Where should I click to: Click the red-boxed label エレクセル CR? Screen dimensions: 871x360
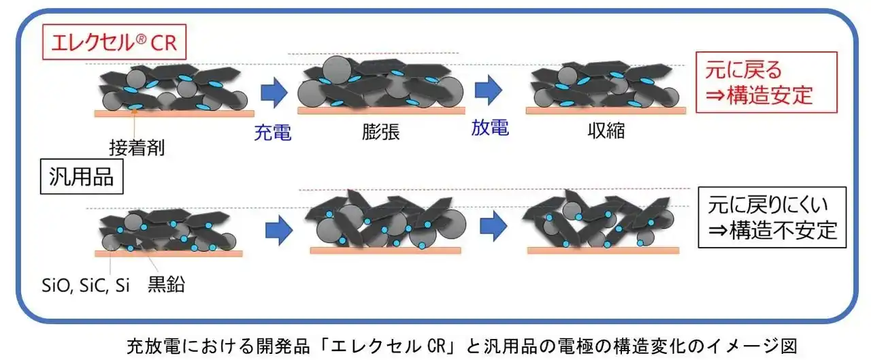(x=114, y=42)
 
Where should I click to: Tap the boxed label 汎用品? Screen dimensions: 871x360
(x=82, y=176)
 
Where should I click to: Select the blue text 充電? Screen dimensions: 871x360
(x=273, y=133)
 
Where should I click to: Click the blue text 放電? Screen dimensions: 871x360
(x=490, y=127)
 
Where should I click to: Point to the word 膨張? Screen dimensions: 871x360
(x=380, y=132)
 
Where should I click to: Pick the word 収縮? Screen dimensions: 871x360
(x=606, y=130)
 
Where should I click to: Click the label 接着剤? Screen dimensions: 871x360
(x=137, y=148)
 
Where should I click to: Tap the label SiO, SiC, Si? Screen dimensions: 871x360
(x=86, y=286)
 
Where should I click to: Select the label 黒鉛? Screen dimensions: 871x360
(x=166, y=284)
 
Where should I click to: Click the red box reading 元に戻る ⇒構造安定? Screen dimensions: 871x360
(x=766, y=82)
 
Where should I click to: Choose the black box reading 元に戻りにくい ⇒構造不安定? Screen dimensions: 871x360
(x=772, y=217)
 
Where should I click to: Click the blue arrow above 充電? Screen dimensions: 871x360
(x=274, y=92)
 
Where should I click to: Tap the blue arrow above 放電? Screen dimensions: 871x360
(x=489, y=90)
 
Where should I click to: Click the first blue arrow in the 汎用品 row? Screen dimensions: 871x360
(x=279, y=230)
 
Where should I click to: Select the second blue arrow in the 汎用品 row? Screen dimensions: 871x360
(x=493, y=226)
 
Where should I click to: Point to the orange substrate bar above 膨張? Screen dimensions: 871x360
(x=381, y=111)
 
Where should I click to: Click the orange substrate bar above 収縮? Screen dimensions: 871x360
(x=606, y=110)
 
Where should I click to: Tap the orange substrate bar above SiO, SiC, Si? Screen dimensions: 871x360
(x=168, y=253)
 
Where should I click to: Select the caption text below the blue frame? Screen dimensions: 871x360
(x=462, y=346)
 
